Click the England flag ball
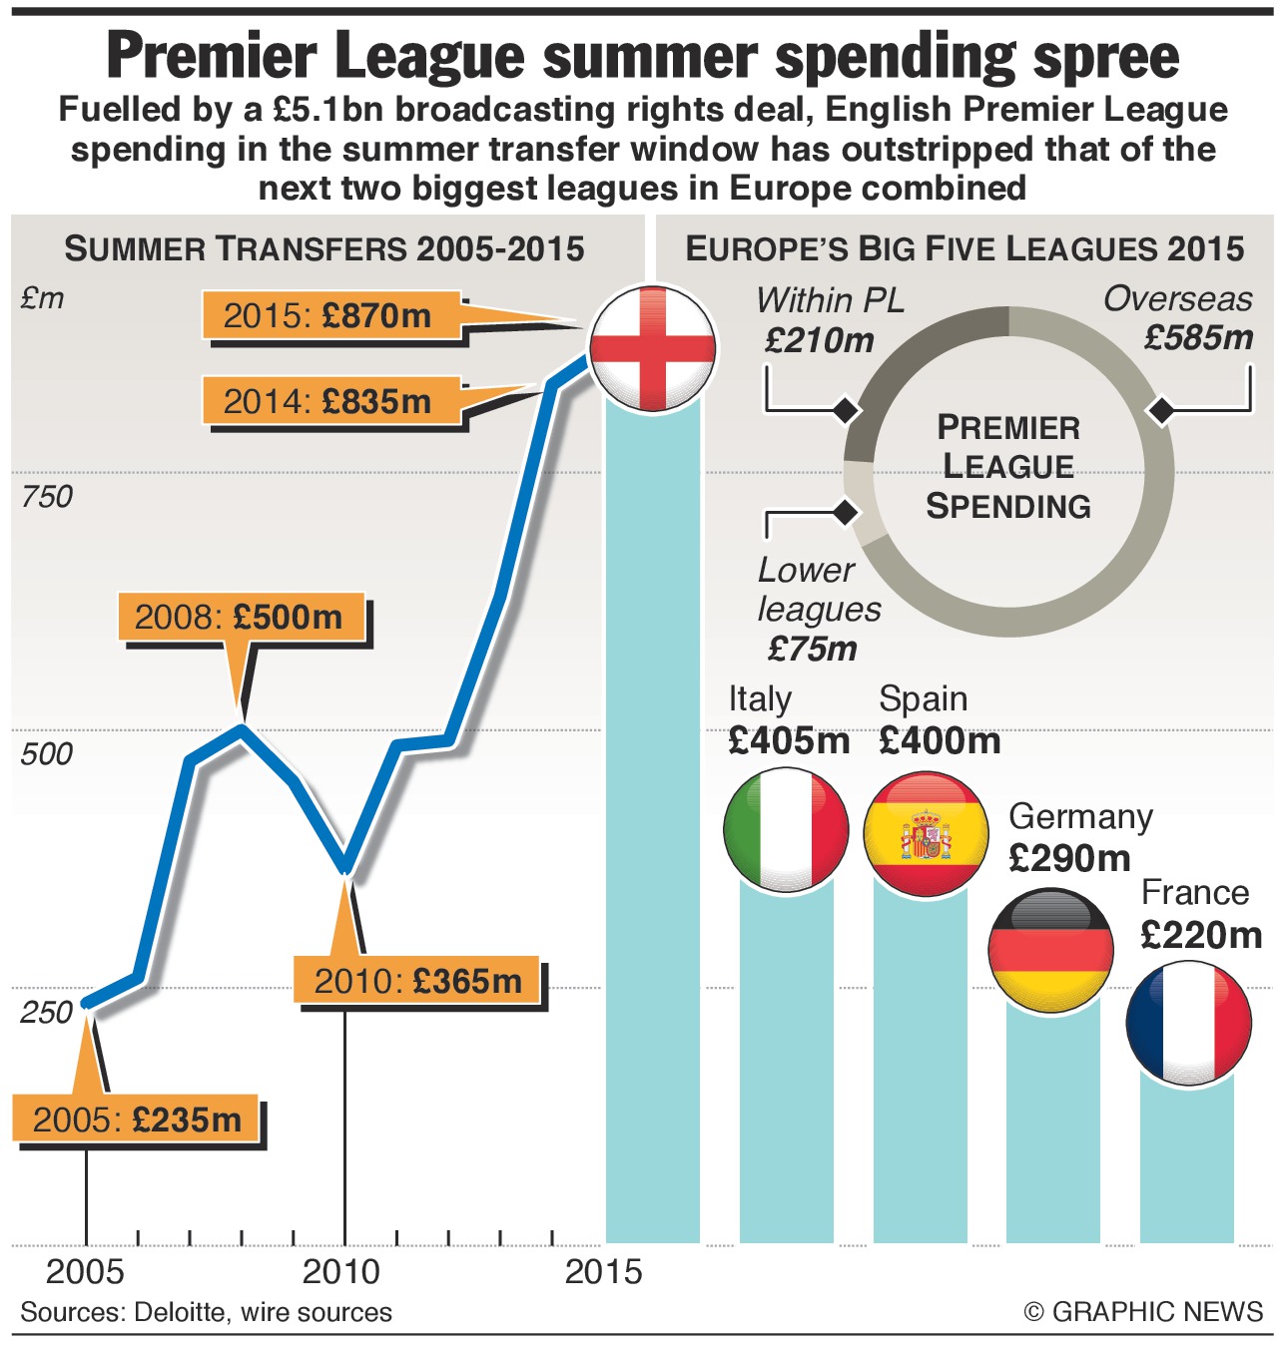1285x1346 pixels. (x=652, y=347)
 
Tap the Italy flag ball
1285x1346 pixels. (x=786, y=830)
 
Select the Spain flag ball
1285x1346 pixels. (x=926, y=833)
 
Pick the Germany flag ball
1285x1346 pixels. (x=1050, y=950)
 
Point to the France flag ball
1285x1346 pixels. (x=1188, y=1023)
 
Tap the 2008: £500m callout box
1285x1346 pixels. (x=240, y=617)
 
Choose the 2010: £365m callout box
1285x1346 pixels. (x=417, y=981)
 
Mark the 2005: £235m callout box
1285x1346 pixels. (x=137, y=1119)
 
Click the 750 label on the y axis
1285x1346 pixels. (x=46, y=496)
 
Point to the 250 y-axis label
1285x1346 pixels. (x=46, y=1012)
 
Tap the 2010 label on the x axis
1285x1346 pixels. (x=341, y=1272)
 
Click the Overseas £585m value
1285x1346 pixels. (x=1198, y=338)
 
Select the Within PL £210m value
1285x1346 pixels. (x=819, y=340)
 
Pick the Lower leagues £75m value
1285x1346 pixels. (x=813, y=649)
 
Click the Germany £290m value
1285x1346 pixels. (x=1069, y=858)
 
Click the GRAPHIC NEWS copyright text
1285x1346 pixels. (x=1156, y=1311)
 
